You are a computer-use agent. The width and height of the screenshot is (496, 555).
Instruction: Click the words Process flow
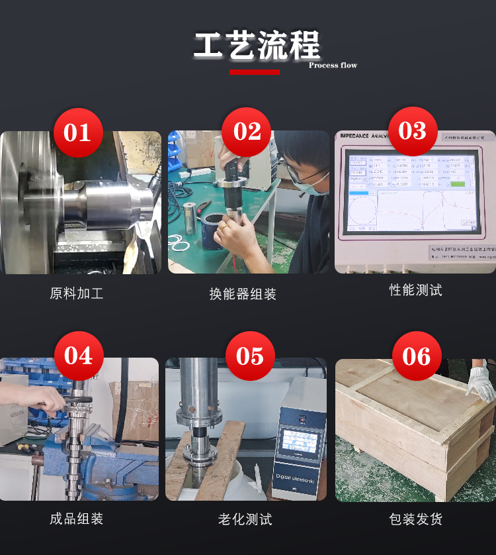[x=333, y=65]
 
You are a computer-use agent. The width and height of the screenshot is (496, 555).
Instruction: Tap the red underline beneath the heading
[x=255, y=72]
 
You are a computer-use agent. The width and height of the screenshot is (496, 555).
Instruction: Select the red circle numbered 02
[x=247, y=132]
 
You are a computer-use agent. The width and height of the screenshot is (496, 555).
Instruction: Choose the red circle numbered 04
[x=78, y=356]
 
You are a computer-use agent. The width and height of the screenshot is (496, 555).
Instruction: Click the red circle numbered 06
[x=417, y=356]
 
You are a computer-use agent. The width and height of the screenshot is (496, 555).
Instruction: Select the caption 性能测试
[x=415, y=290]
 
